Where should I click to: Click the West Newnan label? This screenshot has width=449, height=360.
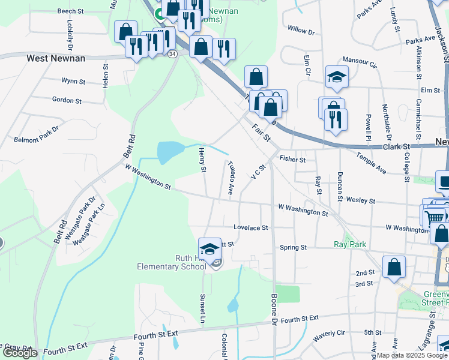(x=56, y=58)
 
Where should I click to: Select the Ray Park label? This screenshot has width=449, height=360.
(x=349, y=244)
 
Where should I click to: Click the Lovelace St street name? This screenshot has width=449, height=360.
(x=250, y=228)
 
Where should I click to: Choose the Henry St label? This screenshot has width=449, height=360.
(x=203, y=162)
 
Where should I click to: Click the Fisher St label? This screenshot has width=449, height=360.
(x=293, y=160)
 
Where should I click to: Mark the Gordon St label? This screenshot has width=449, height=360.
(x=67, y=100)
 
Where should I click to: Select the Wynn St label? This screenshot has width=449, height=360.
(x=73, y=80)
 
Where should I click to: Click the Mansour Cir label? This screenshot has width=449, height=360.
(x=359, y=62)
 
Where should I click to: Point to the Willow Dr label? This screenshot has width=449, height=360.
(x=301, y=29)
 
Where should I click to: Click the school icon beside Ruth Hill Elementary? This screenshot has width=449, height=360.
(x=209, y=249)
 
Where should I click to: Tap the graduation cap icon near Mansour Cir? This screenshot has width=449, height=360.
(x=337, y=77)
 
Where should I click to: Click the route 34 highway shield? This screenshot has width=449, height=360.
(x=172, y=54)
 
